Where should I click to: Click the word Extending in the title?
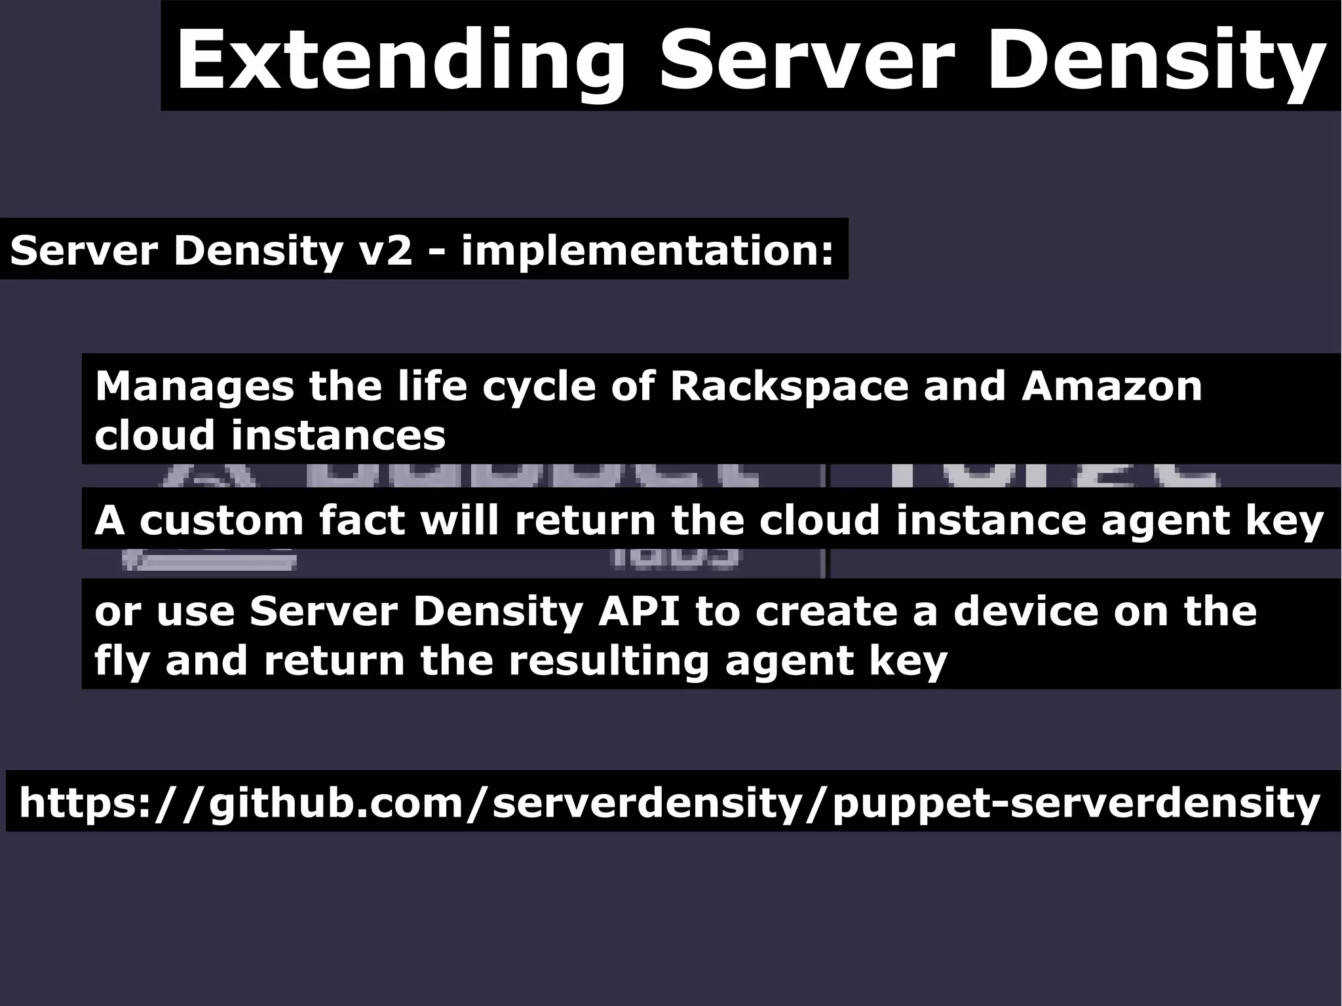click(x=400, y=60)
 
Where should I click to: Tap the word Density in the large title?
click(x=1153, y=60)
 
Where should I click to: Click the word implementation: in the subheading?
click(x=647, y=251)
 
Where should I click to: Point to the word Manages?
click(x=195, y=386)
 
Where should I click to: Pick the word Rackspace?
click(x=789, y=386)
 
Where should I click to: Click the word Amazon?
click(x=1111, y=386)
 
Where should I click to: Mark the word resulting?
click(x=609, y=661)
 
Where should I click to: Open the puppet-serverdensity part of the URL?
click(x=1075, y=803)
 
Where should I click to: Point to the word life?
click(x=433, y=386)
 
